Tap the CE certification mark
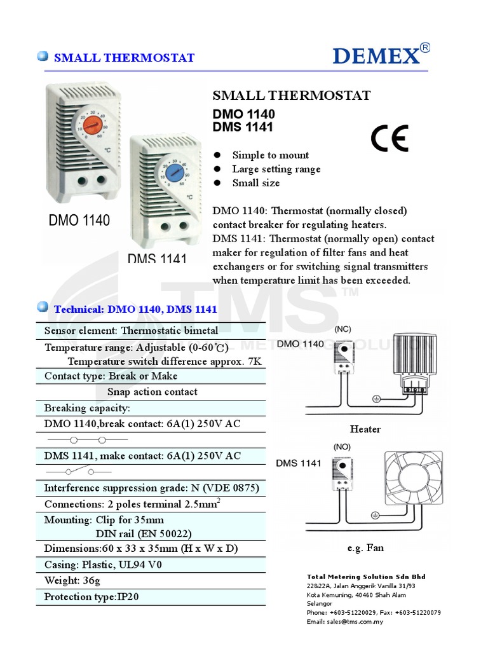point(390,138)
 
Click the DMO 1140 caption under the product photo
point(79,221)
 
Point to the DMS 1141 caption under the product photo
point(157,259)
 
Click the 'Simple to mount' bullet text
point(270,155)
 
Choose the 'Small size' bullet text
point(255,183)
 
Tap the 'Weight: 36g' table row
point(72,580)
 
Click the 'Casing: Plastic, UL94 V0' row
point(103,565)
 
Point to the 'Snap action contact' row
point(152,392)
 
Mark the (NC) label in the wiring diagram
point(342,329)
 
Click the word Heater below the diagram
point(365,429)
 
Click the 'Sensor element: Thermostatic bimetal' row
point(131,331)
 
